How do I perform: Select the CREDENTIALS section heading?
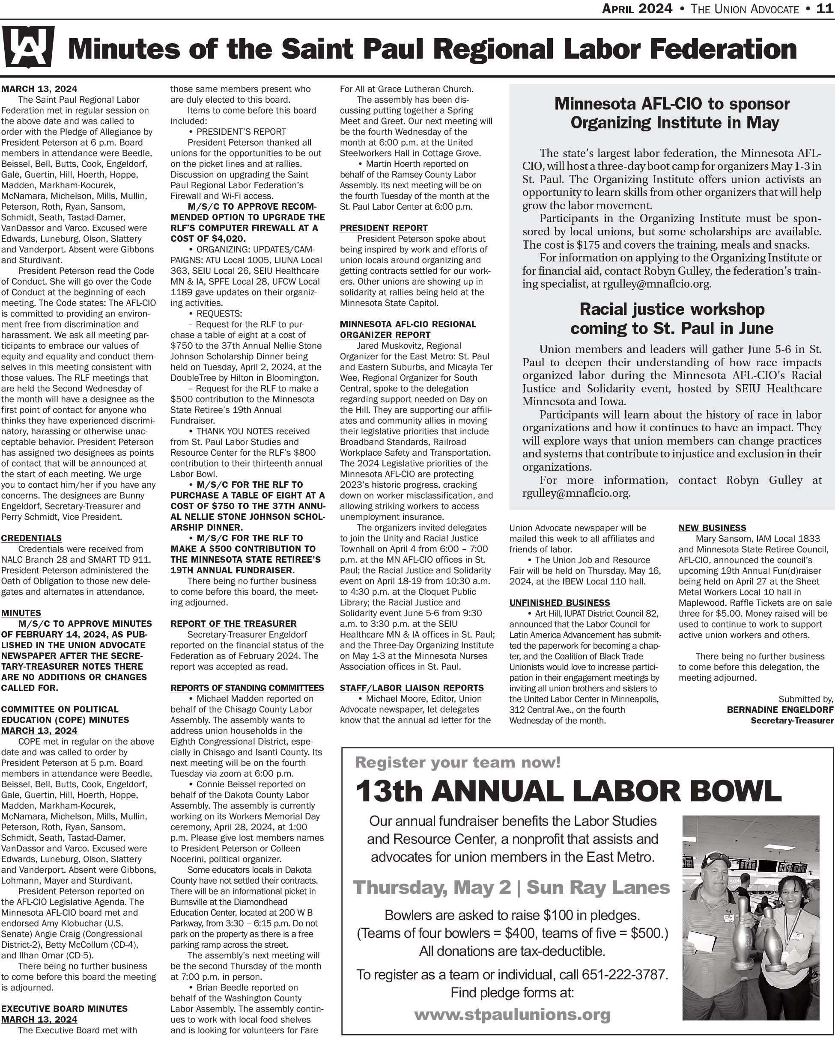coord(31,538)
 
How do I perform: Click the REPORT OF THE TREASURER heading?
coord(233,623)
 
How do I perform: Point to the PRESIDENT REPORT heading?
coord(384,228)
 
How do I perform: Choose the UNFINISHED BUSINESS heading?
coord(559,602)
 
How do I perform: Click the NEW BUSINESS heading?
coord(712,528)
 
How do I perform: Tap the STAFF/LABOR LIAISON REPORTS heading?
coord(412,688)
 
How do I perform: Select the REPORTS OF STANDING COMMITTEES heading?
coord(247,688)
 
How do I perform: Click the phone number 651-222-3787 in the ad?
coord(624,975)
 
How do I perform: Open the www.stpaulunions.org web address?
coord(512,1014)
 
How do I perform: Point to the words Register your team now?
coord(458,762)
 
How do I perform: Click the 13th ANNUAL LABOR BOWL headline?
coord(569,791)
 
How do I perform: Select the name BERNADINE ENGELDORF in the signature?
coord(780,710)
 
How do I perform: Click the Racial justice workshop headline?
coord(672,318)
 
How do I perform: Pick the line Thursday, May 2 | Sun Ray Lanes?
coord(511,887)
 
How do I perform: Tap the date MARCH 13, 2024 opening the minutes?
coord(39,89)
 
